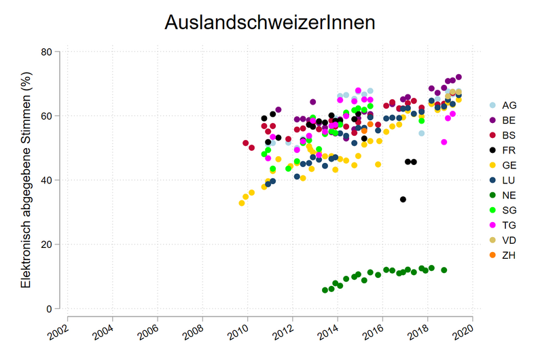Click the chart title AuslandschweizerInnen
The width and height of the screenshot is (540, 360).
pyautogui.click(x=270, y=23)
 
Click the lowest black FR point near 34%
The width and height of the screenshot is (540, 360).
pyautogui.click(x=403, y=199)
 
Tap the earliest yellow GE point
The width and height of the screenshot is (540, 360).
pyautogui.click(x=241, y=203)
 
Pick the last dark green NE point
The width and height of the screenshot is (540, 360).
pyautogui.click(x=444, y=270)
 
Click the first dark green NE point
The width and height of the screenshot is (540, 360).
pyautogui.click(x=325, y=290)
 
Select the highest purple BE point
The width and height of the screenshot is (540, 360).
pyautogui.click(x=458, y=77)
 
